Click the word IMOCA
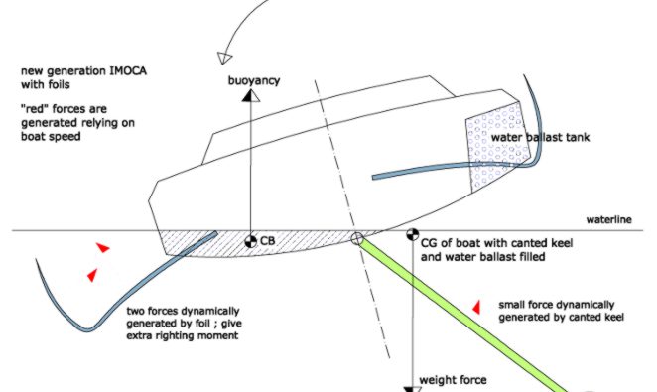click(x=128, y=70)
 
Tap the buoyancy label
click(x=253, y=80)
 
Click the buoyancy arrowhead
click(x=250, y=96)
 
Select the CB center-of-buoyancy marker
click(x=250, y=241)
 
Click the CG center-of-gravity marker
click(x=412, y=235)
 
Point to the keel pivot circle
click(x=356, y=239)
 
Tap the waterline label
click(x=608, y=220)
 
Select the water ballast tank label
click(x=540, y=137)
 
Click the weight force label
click(x=453, y=380)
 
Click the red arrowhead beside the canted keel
click(x=476, y=307)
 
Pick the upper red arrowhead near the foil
click(x=103, y=247)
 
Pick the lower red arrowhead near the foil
click(x=92, y=275)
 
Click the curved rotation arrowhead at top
click(x=224, y=58)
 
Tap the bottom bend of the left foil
click(x=88, y=328)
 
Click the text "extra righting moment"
click(x=183, y=335)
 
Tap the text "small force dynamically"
click(x=557, y=305)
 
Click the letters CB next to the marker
click(x=268, y=241)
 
